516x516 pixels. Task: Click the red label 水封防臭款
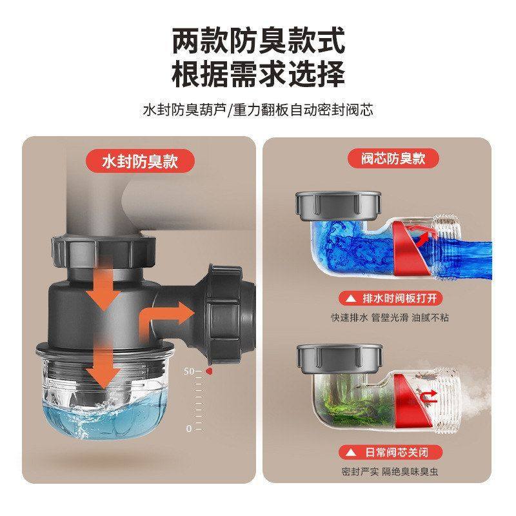139,161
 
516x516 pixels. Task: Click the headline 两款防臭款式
258,40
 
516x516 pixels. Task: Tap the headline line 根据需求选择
258,74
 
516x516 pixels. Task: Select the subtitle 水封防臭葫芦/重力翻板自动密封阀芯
258,110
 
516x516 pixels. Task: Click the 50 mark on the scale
189,372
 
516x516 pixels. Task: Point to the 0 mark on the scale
190,428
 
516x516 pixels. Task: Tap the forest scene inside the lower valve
352,395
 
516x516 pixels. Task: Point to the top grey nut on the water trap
103,251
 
